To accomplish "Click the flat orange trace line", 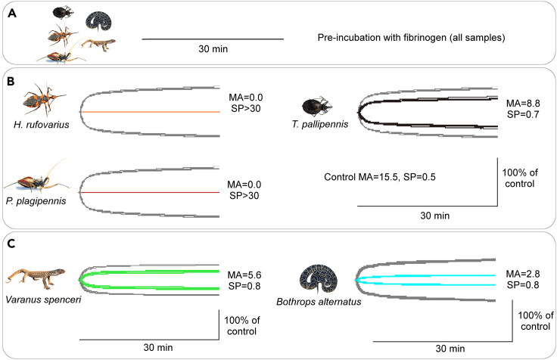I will coord(151,112).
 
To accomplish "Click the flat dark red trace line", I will coord(151,193).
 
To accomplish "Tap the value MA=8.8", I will coord(523,103).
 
